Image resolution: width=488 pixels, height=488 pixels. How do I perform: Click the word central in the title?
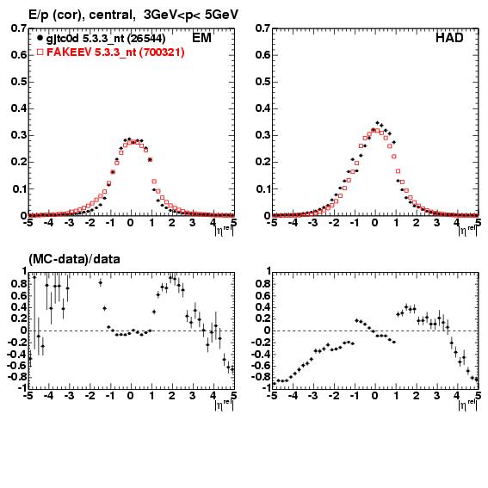(111, 15)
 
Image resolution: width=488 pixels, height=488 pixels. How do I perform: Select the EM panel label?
(201, 38)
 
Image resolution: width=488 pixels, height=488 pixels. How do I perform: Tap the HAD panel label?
(449, 38)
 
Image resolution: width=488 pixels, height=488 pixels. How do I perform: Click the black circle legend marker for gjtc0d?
(40, 38)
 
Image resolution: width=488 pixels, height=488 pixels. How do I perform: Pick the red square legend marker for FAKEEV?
(40, 52)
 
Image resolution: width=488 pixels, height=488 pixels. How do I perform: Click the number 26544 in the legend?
(146, 39)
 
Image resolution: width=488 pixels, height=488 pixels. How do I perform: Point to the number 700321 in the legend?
(161, 53)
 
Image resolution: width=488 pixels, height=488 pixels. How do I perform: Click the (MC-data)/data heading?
(74, 259)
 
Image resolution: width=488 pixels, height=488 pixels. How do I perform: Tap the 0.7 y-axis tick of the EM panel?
(18, 28)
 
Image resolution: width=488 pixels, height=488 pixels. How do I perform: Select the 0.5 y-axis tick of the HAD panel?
(263, 82)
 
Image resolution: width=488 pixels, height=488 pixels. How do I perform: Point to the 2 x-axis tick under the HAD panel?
(416, 223)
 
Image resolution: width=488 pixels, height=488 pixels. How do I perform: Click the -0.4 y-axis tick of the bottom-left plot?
(17, 355)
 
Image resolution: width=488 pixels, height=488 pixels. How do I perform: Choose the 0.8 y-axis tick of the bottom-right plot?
(263, 284)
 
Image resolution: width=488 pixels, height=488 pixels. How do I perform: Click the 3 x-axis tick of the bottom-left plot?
(192, 396)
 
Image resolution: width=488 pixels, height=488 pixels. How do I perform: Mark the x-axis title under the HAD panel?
(467, 231)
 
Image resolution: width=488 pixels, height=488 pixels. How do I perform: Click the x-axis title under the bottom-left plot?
(224, 405)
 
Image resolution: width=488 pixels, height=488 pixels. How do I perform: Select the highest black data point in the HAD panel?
(378, 123)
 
